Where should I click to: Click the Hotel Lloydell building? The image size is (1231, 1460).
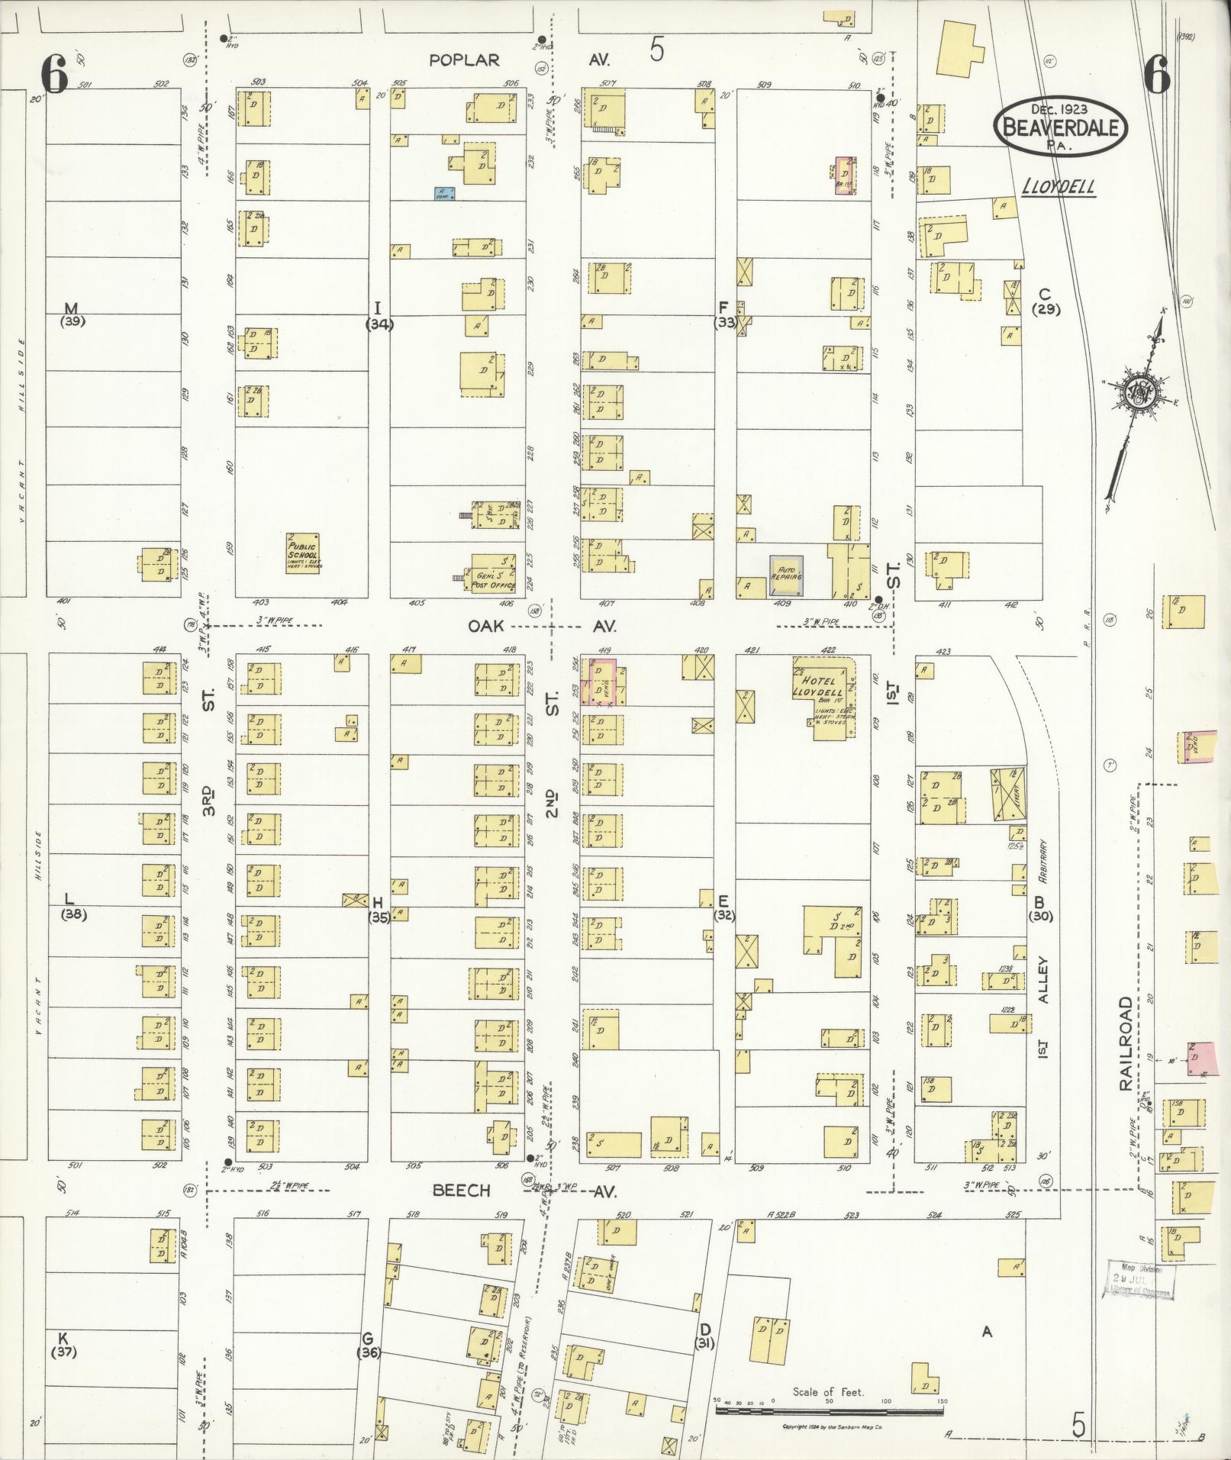point(825,691)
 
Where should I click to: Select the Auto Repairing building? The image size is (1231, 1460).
point(786,576)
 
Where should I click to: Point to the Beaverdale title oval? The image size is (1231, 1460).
point(1061,127)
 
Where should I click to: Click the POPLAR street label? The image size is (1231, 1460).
point(463,60)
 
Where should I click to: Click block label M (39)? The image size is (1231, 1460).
point(72,314)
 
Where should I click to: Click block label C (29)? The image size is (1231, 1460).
point(1045,301)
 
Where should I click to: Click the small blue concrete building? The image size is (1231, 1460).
point(444,194)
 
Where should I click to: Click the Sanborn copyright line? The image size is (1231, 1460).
point(833,1426)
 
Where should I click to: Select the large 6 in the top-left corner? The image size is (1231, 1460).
point(55,74)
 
